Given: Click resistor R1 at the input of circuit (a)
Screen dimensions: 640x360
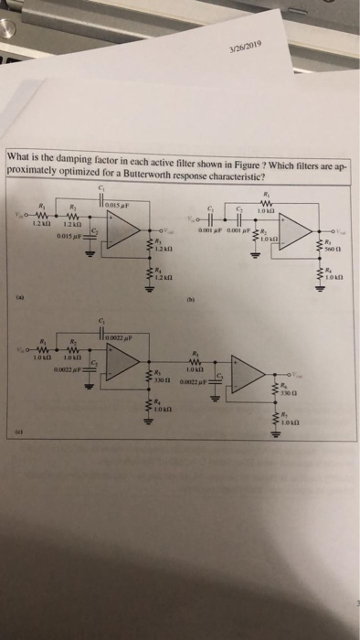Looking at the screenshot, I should tap(39, 216).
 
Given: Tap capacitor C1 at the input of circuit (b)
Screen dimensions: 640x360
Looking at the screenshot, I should tap(215, 225).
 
